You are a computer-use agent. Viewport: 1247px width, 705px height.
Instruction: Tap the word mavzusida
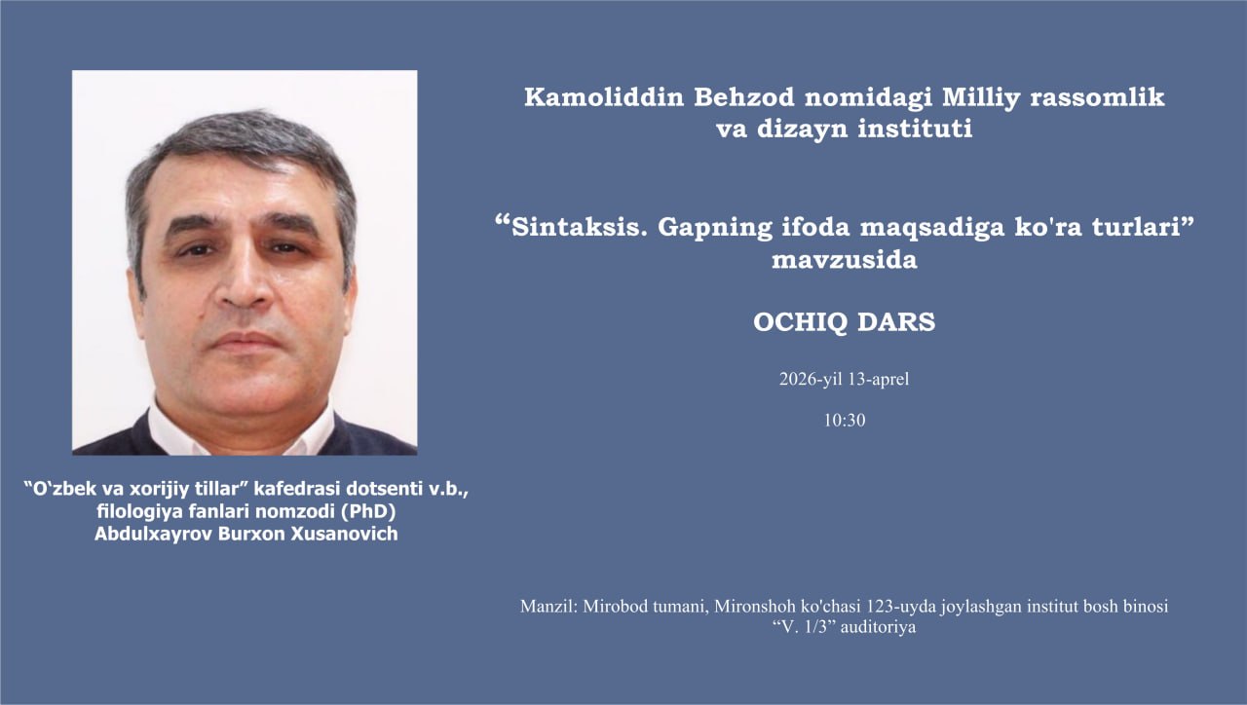point(844,261)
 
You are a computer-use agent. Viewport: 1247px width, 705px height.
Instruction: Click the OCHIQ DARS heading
point(844,323)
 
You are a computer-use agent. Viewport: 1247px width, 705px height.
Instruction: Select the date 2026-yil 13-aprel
point(844,380)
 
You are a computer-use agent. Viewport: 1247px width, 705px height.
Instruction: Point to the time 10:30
point(844,421)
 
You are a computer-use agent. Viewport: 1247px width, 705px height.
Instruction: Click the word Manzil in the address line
point(548,607)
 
